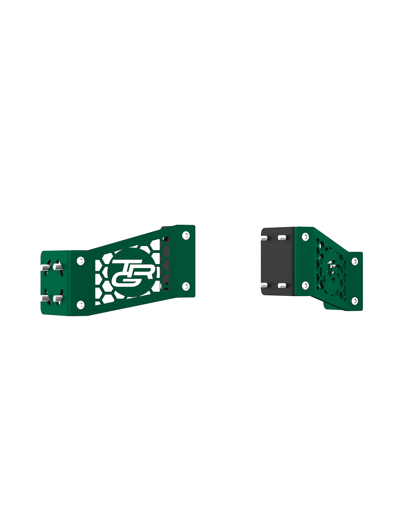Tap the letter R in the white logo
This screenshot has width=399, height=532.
146,269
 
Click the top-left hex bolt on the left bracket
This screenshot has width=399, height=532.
81,261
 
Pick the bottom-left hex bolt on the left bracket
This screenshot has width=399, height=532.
81,305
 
